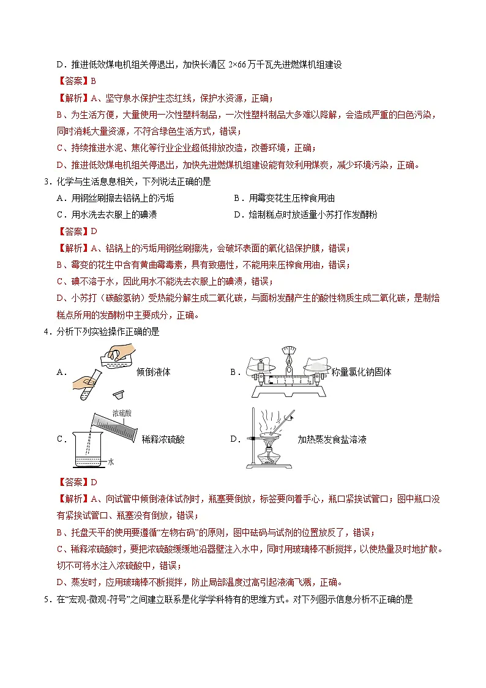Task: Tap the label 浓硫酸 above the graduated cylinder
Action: point(121,414)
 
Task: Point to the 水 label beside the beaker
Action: point(111,463)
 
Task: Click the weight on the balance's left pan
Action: point(260,365)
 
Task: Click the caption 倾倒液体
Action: point(154,372)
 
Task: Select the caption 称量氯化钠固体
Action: point(361,372)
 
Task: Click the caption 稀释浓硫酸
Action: point(163,439)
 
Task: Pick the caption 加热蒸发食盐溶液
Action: point(332,439)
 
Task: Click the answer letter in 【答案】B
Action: point(94,81)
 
